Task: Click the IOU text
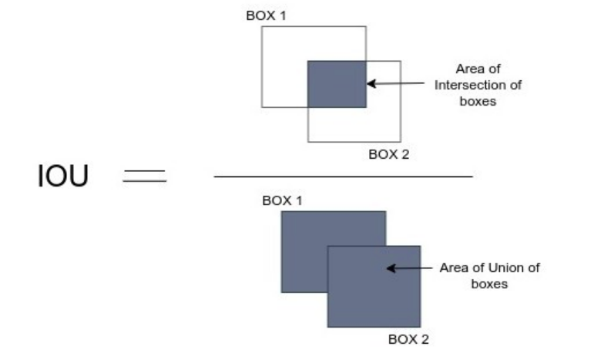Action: click(x=63, y=177)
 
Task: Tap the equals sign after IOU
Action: click(x=145, y=177)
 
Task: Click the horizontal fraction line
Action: click(x=344, y=177)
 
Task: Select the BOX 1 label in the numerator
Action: click(x=266, y=15)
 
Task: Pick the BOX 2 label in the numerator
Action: click(x=388, y=153)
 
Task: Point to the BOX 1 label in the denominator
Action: click(x=283, y=200)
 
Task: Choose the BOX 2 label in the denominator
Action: click(x=409, y=338)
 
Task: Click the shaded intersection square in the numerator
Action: click(x=337, y=83)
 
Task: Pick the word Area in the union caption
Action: click(x=453, y=267)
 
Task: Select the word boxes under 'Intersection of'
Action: click(x=478, y=99)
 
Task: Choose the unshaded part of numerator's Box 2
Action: click(x=354, y=125)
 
